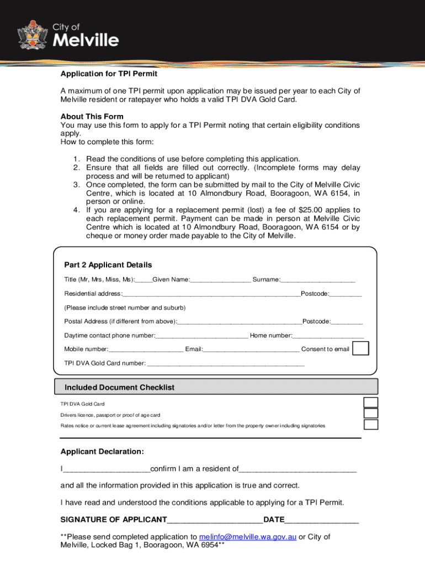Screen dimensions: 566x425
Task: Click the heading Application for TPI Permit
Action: pyautogui.click(x=109, y=74)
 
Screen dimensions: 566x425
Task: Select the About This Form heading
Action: pyautogui.click(x=92, y=117)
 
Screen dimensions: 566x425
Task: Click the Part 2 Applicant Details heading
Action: pyautogui.click(x=108, y=265)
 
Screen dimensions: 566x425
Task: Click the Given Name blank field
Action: pyautogui.click(x=220, y=280)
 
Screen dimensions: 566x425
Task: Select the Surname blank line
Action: pyautogui.click(x=317, y=280)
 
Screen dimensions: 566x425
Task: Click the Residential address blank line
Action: pyautogui.click(x=211, y=294)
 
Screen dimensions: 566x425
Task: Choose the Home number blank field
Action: pyautogui.click(x=328, y=336)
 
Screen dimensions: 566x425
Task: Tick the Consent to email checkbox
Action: pyautogui.click(x=360, y=349)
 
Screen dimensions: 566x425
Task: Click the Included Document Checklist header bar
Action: pyautogui.click(x=216, y=387)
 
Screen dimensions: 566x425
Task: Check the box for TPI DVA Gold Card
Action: pyautogui.click(x=371, y=403)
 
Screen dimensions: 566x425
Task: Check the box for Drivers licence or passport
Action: pyautogui.click(x=371, y=413)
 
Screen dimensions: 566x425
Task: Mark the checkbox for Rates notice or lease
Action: pyautogui.click(x=371, y=424)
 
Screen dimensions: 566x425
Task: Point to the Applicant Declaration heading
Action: pyautogui.click(x=102, y=452)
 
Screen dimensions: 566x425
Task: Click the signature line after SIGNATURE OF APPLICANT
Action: pyautogui.click(x=215, y=520)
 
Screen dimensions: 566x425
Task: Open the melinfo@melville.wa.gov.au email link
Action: pyautogui.click(x=248, y=537)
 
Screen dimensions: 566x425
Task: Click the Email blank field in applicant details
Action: pyautogui.click(x=251, y=350)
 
